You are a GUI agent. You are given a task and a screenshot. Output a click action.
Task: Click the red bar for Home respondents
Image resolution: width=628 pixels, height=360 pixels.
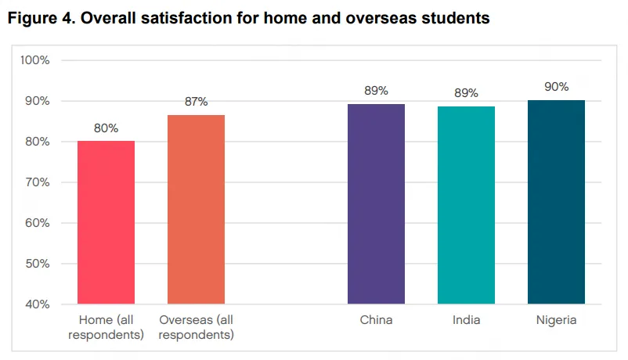coord(106,222)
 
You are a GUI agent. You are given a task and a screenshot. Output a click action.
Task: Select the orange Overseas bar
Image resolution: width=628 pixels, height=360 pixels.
coord(197,210)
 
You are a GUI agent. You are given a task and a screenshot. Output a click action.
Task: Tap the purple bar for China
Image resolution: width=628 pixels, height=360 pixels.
coord(376,203)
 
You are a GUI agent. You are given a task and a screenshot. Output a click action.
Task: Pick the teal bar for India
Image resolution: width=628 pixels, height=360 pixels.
coord(466,205)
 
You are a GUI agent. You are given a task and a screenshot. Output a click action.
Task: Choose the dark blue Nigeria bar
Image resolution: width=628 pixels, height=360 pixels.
coord(556,202)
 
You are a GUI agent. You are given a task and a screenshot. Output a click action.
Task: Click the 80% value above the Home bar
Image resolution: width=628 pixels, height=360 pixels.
coord(106,128)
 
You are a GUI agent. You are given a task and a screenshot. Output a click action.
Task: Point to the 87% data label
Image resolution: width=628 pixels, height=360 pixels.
coord(197,101)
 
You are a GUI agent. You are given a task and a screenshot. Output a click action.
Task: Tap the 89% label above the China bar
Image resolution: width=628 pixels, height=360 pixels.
coord(376,90)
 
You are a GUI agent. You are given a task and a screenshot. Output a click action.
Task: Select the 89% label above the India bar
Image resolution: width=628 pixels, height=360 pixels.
coord(466,93)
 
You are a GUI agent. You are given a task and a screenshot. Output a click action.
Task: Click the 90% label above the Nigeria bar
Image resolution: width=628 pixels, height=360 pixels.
coord(556,86)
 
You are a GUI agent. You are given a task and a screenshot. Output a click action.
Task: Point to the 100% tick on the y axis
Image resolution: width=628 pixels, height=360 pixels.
coord(34,60)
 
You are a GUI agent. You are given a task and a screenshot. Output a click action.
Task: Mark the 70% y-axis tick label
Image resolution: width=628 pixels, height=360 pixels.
coord(37,182)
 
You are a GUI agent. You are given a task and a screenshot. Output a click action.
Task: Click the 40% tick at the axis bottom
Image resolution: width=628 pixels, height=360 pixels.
coord(37,304)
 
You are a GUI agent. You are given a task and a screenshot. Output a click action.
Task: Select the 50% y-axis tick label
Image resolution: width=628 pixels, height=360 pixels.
coord(37,264)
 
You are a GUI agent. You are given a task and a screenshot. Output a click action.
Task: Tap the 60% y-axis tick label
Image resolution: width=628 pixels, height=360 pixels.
coord(37,223)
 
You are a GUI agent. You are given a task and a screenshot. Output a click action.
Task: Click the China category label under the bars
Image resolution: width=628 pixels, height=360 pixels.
coord(376,320)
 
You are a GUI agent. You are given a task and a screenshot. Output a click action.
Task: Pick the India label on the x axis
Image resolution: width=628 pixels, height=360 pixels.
coord(466,320)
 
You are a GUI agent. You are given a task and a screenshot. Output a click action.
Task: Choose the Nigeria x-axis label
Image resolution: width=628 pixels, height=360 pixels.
coord(556,320)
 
